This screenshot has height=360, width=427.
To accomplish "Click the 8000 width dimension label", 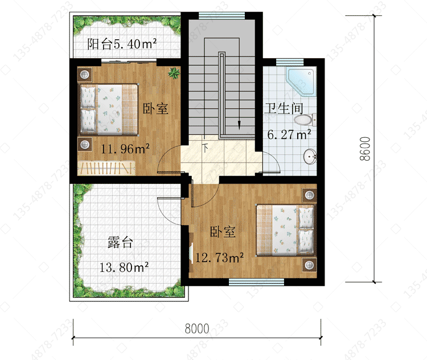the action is click(x=197, y=329).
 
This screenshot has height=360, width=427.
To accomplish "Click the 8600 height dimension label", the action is click(x=365, y=149).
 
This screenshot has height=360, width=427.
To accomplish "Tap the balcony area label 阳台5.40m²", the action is click(x=122, y=44).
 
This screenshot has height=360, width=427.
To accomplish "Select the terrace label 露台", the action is click(x=120, y=242).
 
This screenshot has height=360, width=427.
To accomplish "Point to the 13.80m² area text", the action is click(x=124, y=267).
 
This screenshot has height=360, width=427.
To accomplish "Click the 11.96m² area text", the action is click(x=125, y=149).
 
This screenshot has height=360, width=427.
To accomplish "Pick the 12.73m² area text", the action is click(x=220, y=257).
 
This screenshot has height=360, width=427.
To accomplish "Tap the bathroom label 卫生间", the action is click(x=284, y=108).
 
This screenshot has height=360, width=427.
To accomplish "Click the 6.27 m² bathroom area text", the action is click(x=289, y=134).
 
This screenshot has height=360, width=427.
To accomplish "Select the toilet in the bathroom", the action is click(x=305, y=120).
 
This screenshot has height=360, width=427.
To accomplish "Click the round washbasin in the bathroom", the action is click(x=310, y=157).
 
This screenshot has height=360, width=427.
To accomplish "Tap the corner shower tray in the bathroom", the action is click(x=301, y=82).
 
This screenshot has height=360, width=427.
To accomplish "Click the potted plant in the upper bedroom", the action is click(x=174, y=73).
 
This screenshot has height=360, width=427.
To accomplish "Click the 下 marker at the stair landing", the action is click(x=206, y=148).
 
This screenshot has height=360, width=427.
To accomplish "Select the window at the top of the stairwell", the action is click(x=221, y=15).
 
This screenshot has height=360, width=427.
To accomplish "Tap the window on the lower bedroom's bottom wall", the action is click(x=256, y=282).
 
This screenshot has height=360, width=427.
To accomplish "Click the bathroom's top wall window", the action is click(x=290, y=63).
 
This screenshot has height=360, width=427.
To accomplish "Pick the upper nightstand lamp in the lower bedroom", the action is click(x=309, y=195).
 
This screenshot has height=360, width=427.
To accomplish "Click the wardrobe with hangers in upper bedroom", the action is click(x=106, y=168).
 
